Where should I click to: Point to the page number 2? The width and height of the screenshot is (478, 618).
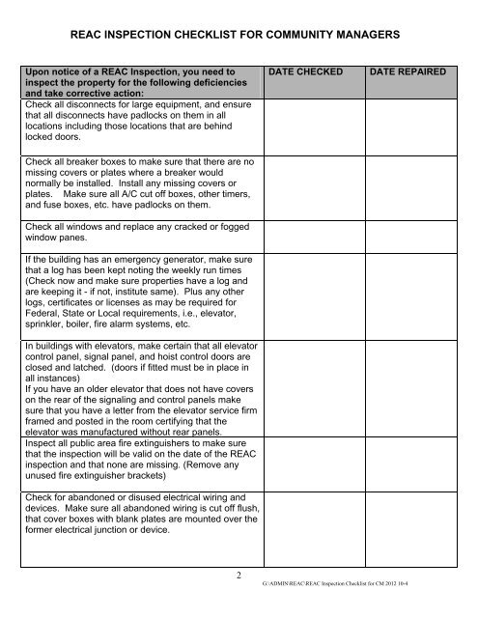(x=239, y=576)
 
